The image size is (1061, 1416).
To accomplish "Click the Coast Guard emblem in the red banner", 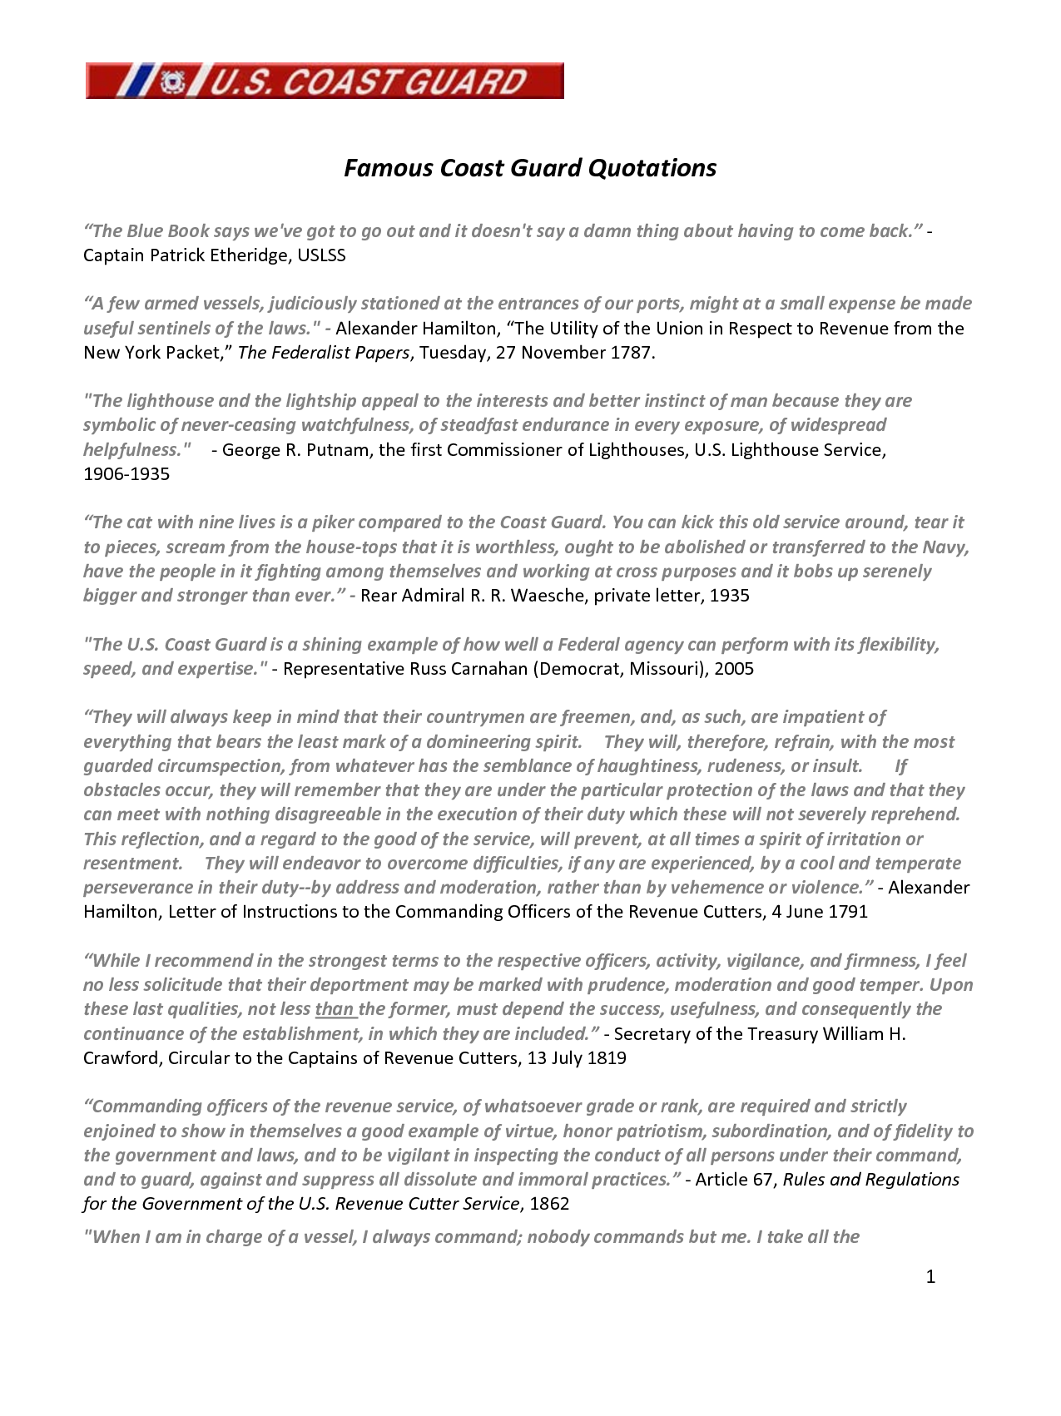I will pos(172,82).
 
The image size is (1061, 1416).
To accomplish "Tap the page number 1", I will pos(930,1277).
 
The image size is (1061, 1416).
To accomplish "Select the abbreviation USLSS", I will pos(321,255).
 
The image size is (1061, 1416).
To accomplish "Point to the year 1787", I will pos(630,353).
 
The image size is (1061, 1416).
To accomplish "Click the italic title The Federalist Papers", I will pos(324,353).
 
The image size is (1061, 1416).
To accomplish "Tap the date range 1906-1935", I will pos(126,474).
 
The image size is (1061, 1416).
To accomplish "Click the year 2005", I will pos(733,669).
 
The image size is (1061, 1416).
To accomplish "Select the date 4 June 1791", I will pos(819,912).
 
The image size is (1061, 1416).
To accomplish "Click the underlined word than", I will pos(335,1009).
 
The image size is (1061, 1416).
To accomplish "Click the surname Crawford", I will pos(122,1058).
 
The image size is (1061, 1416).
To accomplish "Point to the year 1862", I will pos(549,1204).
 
